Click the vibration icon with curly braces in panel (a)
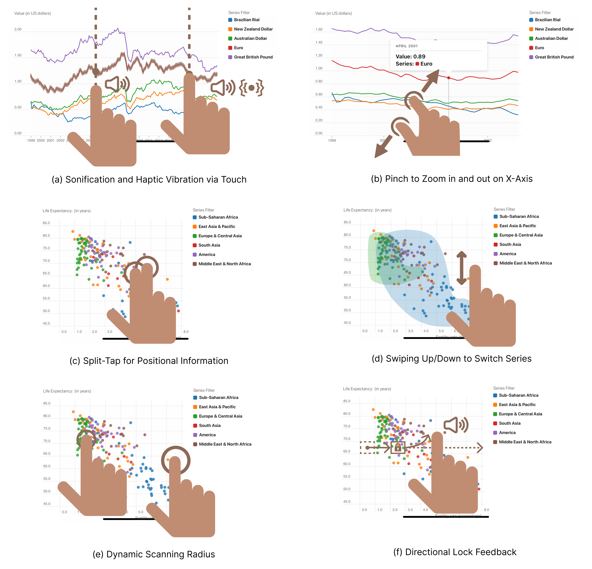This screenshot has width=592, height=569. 251,88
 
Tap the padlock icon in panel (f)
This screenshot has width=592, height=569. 398,448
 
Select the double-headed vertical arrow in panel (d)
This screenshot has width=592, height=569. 461,268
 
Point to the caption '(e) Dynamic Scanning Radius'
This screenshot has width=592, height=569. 154,554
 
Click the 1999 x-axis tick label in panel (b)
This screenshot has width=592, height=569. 332,140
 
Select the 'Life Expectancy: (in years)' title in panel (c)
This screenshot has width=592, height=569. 66,211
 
